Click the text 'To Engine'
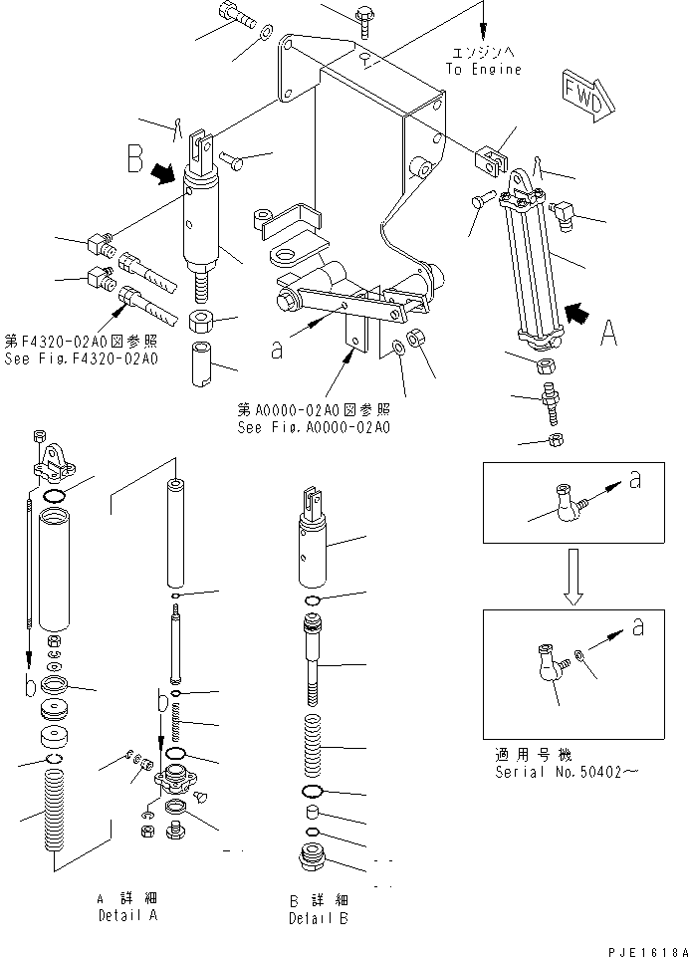483,70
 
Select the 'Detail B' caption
318,918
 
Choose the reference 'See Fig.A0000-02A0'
314,427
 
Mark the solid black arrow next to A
576,314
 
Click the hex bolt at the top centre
363,16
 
